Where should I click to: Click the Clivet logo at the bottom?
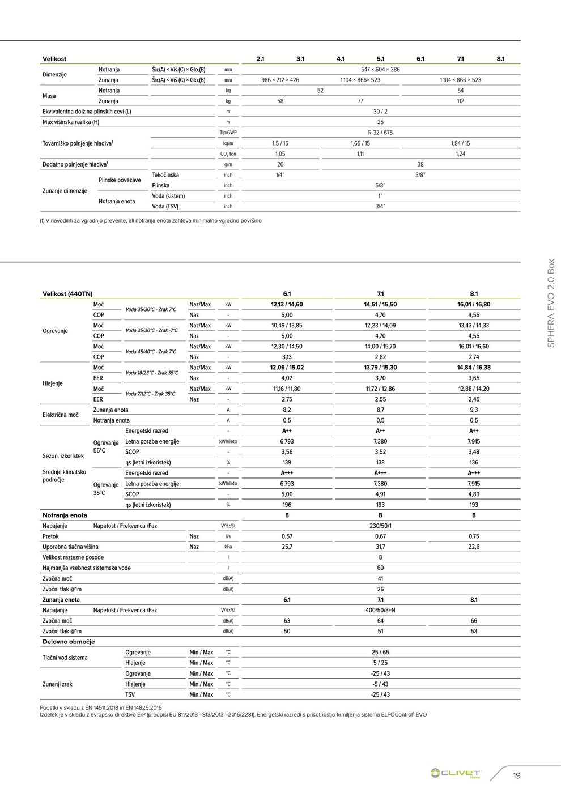(x=456, y=773)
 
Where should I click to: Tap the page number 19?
(x=516, y=776)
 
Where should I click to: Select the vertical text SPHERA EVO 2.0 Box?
(x=550, y=304)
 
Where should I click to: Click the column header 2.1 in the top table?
(x=260, y=59)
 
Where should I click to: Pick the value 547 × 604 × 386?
(x=380, y=70)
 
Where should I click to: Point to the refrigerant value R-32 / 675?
(x=380, y=133)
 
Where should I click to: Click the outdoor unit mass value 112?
(x=460, y=101)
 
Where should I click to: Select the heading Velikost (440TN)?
(x=67, y=294)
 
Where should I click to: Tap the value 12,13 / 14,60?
(x=287, y=305)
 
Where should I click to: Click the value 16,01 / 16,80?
(x=474, y=305)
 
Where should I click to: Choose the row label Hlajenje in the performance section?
(x=53, y=383)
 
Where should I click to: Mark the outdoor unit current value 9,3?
(x=474, y=410)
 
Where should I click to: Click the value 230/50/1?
(x=380, y=526)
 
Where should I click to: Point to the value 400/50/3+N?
(x=380, y=611)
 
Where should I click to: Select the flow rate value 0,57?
(x=287, y=536)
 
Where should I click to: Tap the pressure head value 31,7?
(x=380, y=547)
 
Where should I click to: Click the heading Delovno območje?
(x=69, y=642)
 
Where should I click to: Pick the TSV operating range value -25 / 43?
(x=380, y=695)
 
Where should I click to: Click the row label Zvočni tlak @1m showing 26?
(x=62, y=590)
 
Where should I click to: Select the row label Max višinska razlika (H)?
(x=71, y=122)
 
